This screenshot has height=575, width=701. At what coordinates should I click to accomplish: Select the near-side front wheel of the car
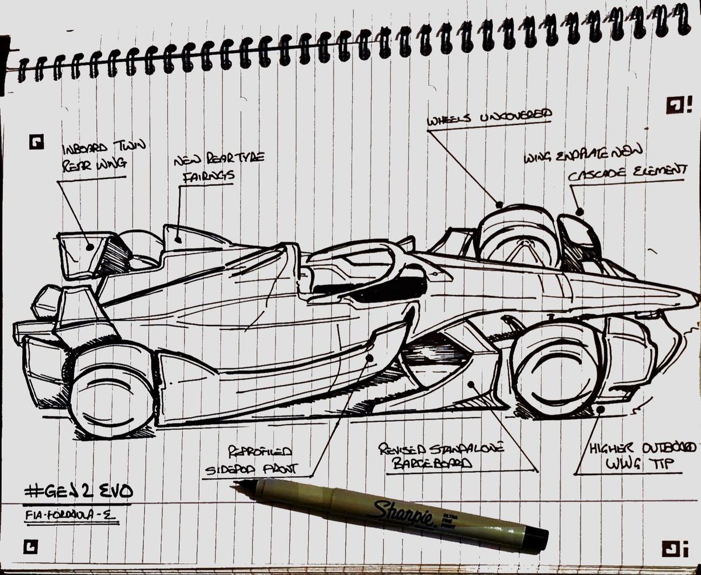point(552,371)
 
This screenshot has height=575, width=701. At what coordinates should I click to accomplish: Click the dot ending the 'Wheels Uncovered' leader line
point(499,205)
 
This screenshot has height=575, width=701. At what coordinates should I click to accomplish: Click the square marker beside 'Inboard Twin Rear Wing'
point(38,141)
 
